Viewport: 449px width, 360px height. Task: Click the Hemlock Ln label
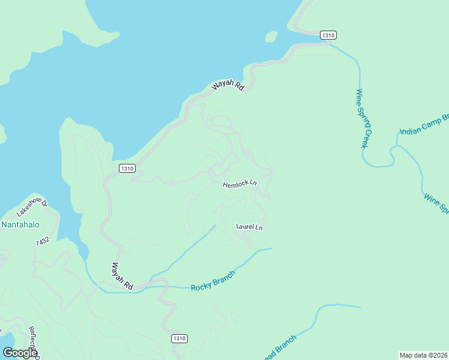click(x=240, y=185)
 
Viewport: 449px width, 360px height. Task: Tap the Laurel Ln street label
click(x=249, y=227)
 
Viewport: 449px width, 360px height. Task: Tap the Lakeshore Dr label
click(x=31, y=208)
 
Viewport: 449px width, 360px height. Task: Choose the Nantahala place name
click(x=20, y=225)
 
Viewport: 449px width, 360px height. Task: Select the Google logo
click(x=19, y=353)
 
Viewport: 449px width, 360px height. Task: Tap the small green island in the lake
click(x=271, y=37)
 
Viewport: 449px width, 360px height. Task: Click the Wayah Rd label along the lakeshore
click(x=228, y=86)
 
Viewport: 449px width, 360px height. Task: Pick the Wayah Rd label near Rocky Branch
click(x=122, y=276)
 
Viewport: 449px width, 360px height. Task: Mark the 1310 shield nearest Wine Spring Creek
click(x=327, y=35)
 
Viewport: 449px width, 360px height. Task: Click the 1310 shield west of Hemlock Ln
click(x=126, y=169)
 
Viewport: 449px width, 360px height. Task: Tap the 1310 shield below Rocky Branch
click(x=179, y=338)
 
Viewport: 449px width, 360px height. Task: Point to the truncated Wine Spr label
click(x=436, y=203)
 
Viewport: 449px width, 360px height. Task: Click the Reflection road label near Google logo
click(x=34, y=341)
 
